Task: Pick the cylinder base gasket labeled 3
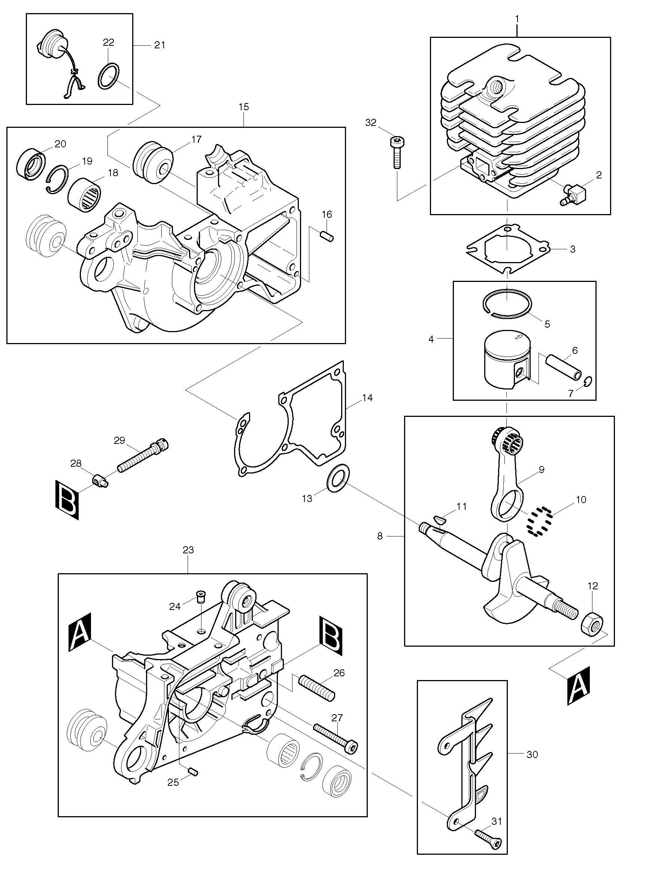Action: coord(507,249)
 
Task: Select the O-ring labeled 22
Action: coord(109,76)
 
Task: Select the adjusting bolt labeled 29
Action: coord(143,456)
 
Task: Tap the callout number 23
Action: coord(188,550)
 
